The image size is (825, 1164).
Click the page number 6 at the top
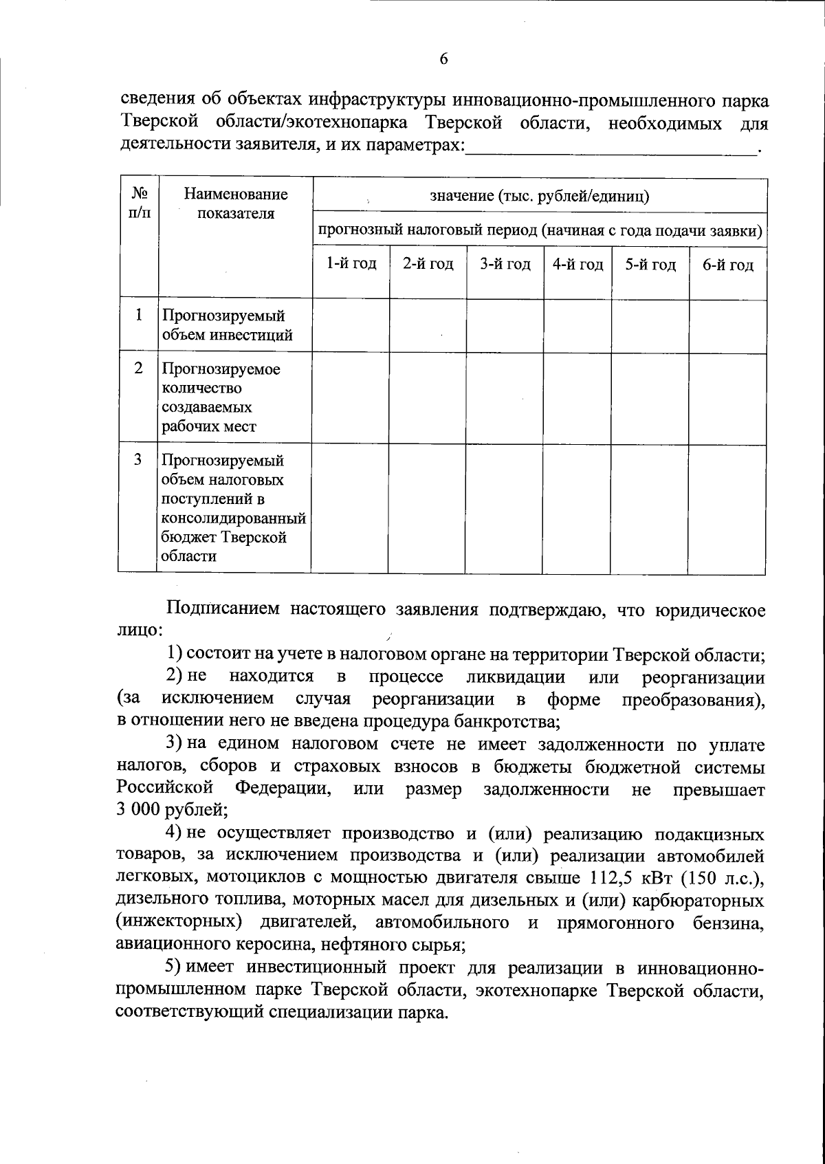pos(443,59)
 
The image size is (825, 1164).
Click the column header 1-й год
pos(351,265)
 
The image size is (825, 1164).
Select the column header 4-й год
pos(577,265)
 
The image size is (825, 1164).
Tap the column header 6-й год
pos(728,265)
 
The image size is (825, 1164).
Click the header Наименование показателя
pos(236,204)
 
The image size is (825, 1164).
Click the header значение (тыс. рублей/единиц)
pos(540,196)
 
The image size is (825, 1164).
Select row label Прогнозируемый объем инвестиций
pos(228,325)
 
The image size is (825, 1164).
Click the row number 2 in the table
pos(139,369)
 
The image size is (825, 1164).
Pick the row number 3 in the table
pos(139,459)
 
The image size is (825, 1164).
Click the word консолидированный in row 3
pos(234,518)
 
